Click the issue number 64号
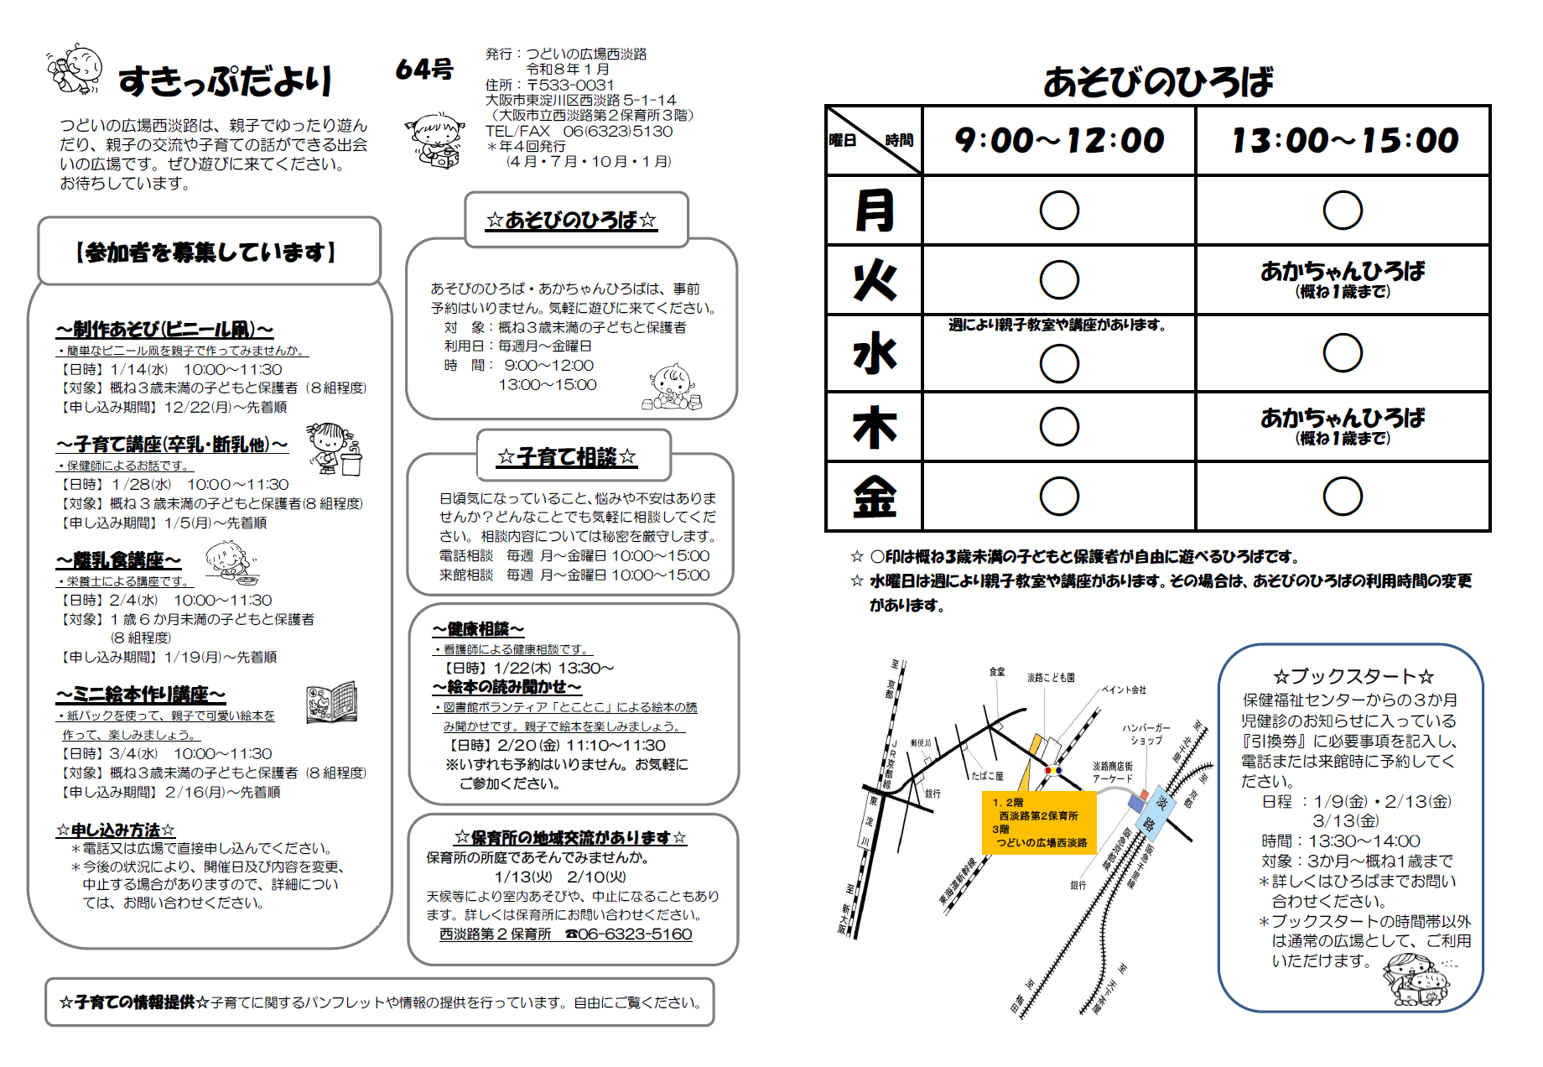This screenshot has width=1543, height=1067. click(x=424, y=70)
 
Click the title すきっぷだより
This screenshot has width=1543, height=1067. click(x=225, y=81)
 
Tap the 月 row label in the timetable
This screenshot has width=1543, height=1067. click(x=874, y=210)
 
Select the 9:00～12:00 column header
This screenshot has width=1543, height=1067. click(x=1059, y=140)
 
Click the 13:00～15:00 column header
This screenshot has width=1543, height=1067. click(x=1344, y=140)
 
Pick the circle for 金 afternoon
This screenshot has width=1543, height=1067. click(x=1342, y=497)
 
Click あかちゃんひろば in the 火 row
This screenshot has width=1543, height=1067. click(x=1342, y=271)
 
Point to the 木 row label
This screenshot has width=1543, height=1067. click(x=874, y=427)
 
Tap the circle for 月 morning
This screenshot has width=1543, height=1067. click(x=1059, y=210)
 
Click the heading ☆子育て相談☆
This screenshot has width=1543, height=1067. click(x=567, y=457)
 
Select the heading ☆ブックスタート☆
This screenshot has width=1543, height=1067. click(x=1353, y=676)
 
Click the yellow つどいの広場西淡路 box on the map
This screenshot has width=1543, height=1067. click(x=1039, y=822)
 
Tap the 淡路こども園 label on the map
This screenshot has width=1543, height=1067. click(x=1051, y=678)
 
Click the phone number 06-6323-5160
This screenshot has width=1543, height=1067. click(x=634, y=934)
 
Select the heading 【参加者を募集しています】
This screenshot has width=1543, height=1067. click(x=206, y=252)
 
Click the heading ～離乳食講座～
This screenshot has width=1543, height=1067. click(x=118, y=560)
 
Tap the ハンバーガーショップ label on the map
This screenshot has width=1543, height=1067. click(x=1146, y=734)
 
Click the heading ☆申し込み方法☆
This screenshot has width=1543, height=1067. click(x=116, y=830)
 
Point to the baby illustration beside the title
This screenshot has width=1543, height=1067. click(x=75, y=69)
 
